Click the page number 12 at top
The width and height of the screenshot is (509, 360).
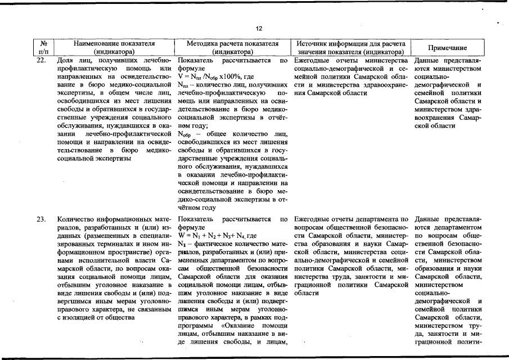click(x=259, y=29)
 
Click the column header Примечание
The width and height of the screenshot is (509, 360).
click(x=447, y=48)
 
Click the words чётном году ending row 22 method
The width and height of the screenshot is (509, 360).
click(x=197, y=207)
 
